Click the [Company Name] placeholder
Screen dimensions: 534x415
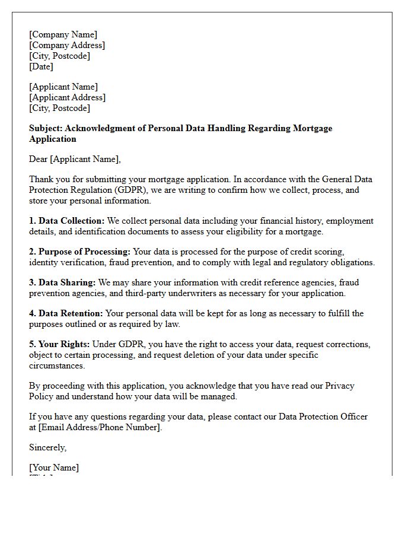(63, 34)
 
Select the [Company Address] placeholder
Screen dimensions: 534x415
(67, 45)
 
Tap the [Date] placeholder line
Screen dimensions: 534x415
(41, 66)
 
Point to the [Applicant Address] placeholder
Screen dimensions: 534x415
(68, 97)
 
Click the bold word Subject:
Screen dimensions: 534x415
(46, 128)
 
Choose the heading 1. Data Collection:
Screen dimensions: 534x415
(66, 221)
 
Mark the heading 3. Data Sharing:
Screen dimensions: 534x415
(62, 282)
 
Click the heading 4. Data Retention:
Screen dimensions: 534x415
(66, 313)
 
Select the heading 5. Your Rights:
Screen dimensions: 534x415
(59, 344)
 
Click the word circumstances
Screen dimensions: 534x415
(58, 365)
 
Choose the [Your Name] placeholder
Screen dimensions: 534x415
(54, 468)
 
